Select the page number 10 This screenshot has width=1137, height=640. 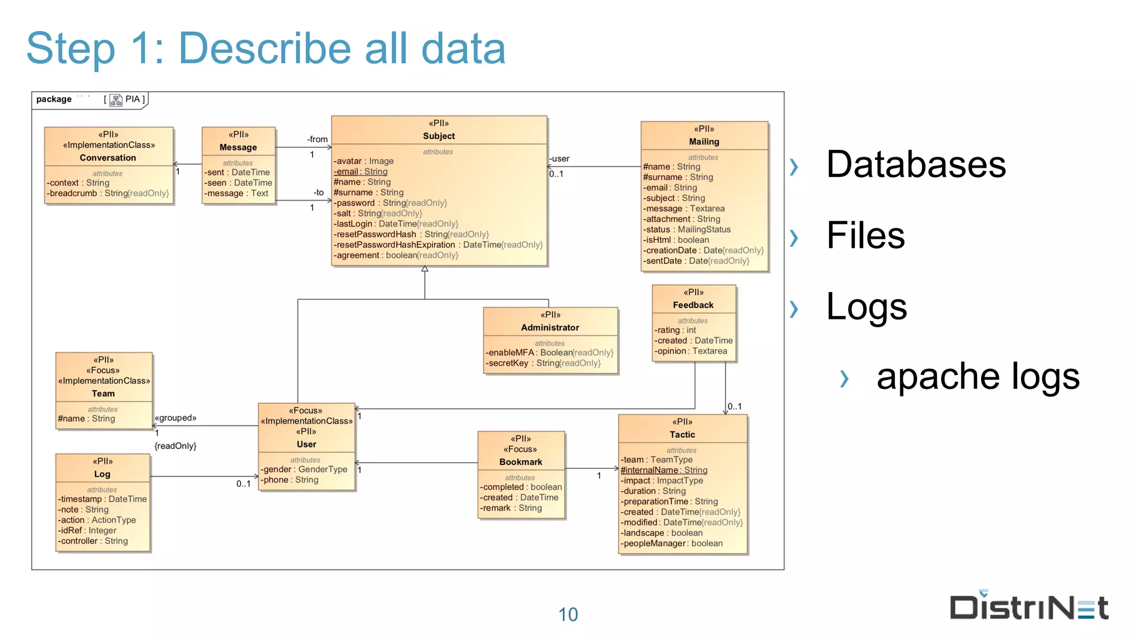tap(568, 614)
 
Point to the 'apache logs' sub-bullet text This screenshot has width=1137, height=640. tap(978, 376)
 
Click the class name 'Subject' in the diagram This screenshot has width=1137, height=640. tap(439, 136)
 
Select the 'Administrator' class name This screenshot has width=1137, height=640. tap(550, 328)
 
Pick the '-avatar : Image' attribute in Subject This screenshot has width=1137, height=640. tap(364, 161)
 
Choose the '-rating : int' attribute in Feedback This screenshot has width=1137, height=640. tap(675, 330)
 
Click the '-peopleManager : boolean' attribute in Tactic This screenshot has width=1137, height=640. tap(672, 543)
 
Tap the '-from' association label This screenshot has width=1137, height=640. tap(318, 139)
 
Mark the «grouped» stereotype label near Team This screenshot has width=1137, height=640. tap(175, 418)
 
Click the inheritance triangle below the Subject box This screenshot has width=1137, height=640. tap(425, 269)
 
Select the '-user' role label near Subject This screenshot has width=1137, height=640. tap(560, 159)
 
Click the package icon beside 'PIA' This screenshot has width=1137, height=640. tap(115, 100)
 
